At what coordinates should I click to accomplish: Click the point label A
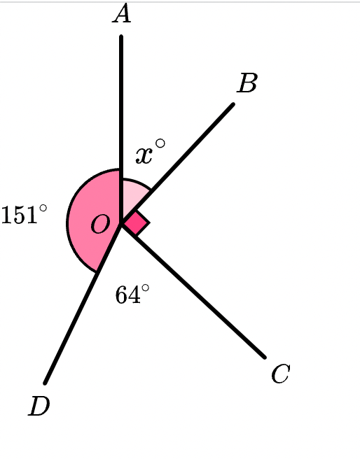pyautogui.click(x=122, y=13)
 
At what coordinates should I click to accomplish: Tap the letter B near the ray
pyautogui.click(x=247, y=83)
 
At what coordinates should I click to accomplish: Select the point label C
pyautogui.click(x=281, y=374)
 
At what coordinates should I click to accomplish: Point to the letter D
pyautogui.click(x=39, y=406)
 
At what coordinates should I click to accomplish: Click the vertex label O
pyautogui.click(x=100, y=225)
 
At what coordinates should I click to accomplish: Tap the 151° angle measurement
pyautogui.click(x=24, y=214)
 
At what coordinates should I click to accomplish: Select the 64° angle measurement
pyautogui.click(x=132, y=295)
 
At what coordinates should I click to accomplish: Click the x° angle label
pyautogui.click(x=151, y=151)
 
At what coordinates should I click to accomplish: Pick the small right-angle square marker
pyautogui.click(x=137, y=223)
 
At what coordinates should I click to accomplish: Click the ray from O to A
pyautogui.click(x=121, y=129)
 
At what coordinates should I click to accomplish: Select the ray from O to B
pyautogui.click(x=177, y=163)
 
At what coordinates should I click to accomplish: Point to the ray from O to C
pyautogui.click(x=193, y=290)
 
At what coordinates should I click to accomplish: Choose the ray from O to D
pyautogui.click(x=83, y=303)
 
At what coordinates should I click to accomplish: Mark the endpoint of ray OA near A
pyautogui.click(x=121, y=36)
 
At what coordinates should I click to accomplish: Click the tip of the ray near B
pyautogui.click(x=233, y=104)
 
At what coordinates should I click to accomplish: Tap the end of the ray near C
pyautogui.click(x=265, y=357)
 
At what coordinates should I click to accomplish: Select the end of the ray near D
pyautogui.click(x=45, y=383)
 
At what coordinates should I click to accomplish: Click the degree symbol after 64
pyautogui.click(x=145, y=288)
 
